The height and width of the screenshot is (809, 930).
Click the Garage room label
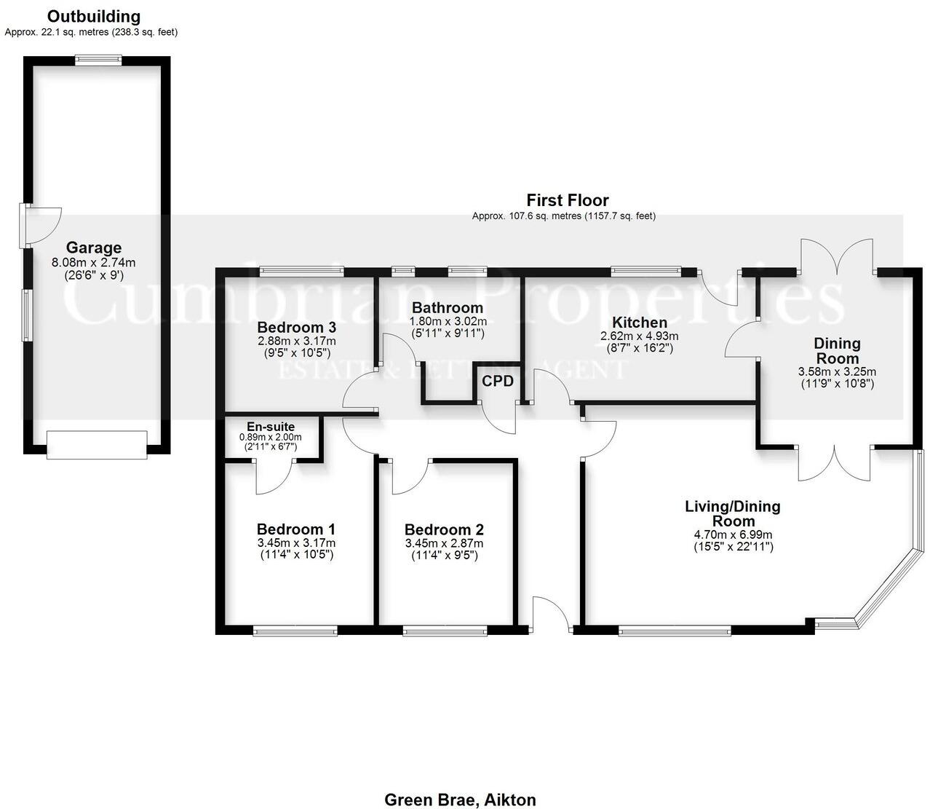coord(94,248)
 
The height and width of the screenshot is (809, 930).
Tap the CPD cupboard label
coord(498,381)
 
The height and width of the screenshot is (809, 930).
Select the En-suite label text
coord(271,427)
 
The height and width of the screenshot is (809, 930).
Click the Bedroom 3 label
coord(296,326)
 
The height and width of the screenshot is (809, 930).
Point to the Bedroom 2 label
coord(444,530)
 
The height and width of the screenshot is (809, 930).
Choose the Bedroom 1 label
coord(296,529)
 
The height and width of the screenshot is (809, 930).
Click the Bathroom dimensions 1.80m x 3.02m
coord(447,321)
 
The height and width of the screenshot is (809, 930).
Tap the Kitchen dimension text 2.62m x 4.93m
coord(639,336)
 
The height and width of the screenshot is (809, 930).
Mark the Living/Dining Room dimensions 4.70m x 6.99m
coord(733,534)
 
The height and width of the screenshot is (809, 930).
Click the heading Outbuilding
coord(94,16)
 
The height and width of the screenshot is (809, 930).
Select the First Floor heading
coord(568,200)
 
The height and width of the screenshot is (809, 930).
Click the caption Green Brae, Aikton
coord(460,800)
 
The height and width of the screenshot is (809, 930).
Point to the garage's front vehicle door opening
coord(97,444)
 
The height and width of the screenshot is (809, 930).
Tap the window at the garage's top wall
coord(98,60)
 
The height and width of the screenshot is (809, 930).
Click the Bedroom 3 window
coord(302,272)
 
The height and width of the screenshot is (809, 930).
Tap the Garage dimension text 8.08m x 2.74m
coord(94,263)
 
